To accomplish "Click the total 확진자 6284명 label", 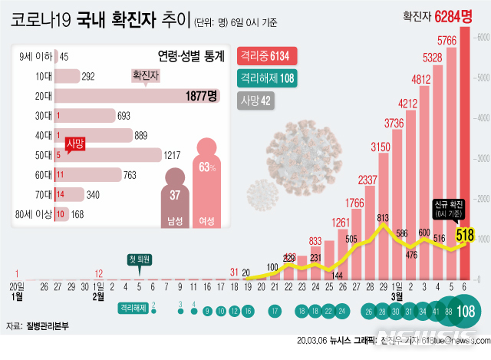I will click(x=440, y=15).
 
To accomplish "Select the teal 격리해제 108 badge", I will click(x=268, y=78).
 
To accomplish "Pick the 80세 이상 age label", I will click(x=34, y=214).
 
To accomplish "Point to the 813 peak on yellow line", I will click(x=382, y=217).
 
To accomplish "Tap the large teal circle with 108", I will click(x=465, y=312).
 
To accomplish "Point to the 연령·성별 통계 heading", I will click(x=184, y=56).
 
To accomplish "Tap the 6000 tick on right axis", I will click(x=481, y=37).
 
